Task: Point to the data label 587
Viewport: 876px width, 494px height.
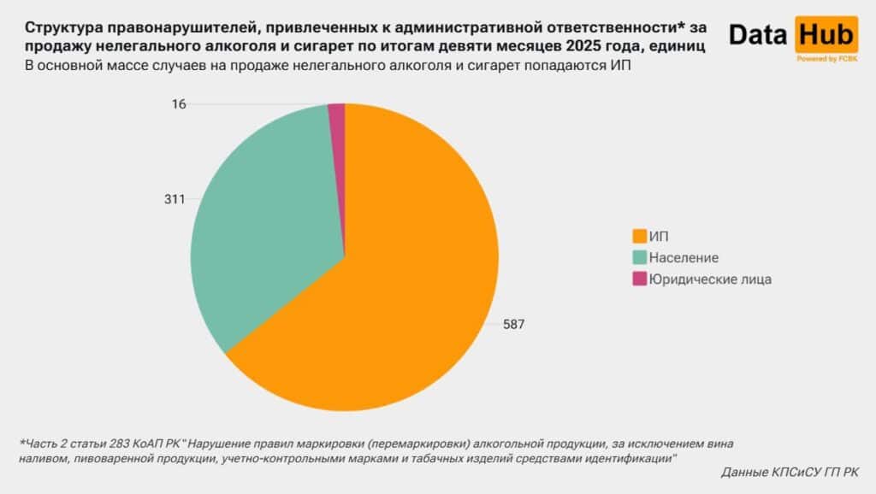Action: (513, 324)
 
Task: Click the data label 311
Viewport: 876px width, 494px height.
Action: (175, 199)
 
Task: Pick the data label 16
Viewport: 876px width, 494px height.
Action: (178, 103)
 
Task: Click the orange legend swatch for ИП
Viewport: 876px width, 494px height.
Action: (638, 236)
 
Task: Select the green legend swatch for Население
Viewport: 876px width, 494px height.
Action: (638, 257)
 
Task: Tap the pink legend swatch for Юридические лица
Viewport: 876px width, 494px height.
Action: (638, 279)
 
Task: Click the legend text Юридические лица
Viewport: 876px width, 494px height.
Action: (710, 279)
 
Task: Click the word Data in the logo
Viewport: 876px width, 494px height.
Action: (758, 34)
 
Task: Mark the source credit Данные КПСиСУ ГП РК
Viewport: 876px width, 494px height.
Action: (790, 472)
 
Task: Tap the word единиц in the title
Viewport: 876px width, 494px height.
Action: (678, 46)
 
